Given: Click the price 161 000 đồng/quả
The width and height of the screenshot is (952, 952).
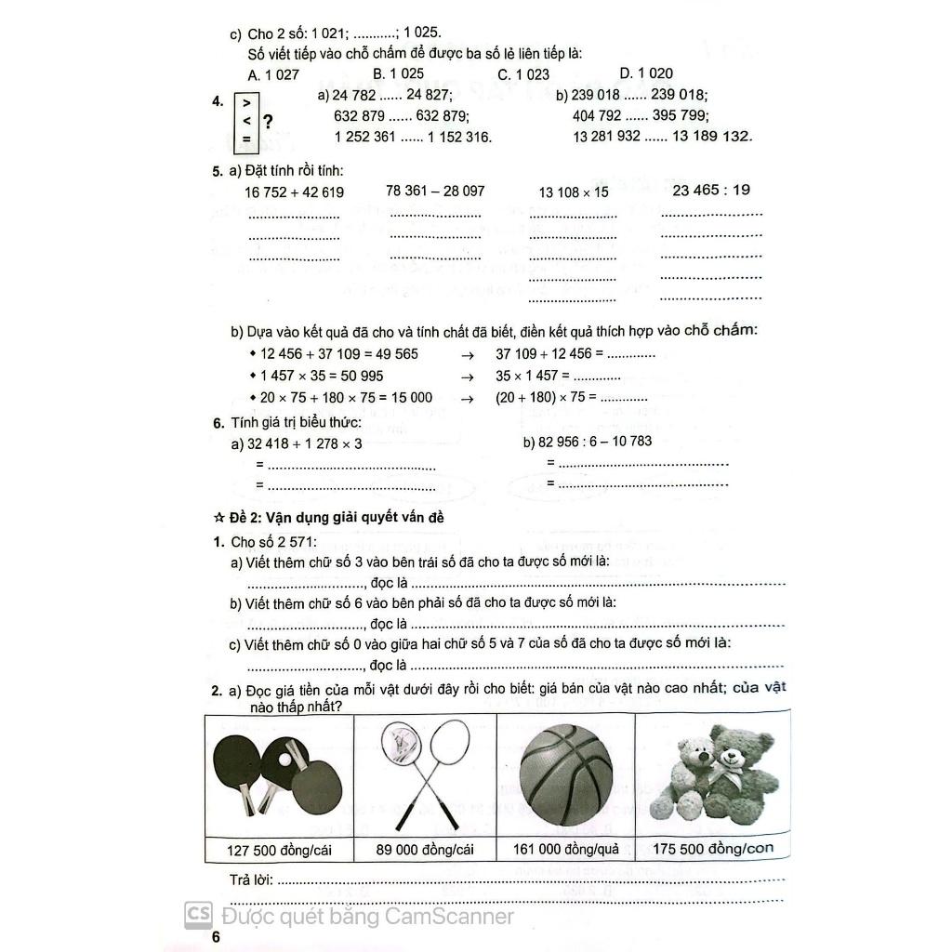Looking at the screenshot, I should pyautogui.click(x=565, y=849).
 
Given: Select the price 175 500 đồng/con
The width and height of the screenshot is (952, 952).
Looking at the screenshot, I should pyautogui.click(x=712, y=848).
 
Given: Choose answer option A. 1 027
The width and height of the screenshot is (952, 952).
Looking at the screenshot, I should pyautogui.click(x=274, y=74).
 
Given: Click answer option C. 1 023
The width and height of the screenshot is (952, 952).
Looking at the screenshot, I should pyautogui.click(x=523, y=74).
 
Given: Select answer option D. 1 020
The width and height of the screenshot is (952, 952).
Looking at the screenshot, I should pyautogui.click(x=646, y=73).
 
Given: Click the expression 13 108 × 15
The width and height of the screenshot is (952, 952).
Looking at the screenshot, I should pyautogui.click(x=574, y=192).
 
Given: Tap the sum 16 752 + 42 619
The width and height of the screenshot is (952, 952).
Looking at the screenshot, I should pyautogui.click(x=294, y=192).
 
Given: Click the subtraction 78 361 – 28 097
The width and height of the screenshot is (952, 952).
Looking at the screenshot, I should pyautogui.click(x=435, y=191).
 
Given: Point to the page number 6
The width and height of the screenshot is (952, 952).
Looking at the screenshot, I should pyautogui.click(x=216, y=936).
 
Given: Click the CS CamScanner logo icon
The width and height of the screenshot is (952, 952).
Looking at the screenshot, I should pyautogui.click(x=197, y=915).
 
